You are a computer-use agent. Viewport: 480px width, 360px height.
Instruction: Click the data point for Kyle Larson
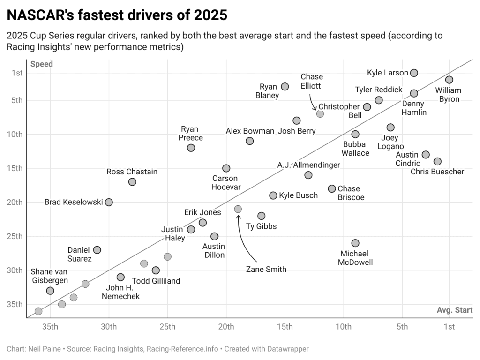point(414,73)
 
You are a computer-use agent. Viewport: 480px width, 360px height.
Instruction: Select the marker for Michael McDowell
point(355,243)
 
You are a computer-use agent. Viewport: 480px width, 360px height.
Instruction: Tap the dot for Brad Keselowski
point(109,202)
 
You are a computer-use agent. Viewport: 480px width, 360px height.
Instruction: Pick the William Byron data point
point(449,80)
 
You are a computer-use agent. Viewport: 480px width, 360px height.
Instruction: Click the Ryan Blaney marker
point(285,86)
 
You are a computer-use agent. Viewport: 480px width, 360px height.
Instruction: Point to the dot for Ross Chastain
point(132,181)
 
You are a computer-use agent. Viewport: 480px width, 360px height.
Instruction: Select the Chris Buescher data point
point(437,161)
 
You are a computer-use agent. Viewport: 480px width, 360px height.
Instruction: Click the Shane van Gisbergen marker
point(50,291)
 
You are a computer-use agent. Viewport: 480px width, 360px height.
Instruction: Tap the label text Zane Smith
point(266,269)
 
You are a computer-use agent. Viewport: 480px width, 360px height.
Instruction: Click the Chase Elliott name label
point(312,82)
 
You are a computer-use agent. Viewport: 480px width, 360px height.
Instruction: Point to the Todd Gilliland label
point(157,281)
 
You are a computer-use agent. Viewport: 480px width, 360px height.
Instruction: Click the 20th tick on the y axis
point(17,202)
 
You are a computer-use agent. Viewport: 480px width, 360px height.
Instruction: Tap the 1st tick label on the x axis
point(449,327)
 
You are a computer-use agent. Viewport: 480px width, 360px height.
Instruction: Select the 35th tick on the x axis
point(50,327)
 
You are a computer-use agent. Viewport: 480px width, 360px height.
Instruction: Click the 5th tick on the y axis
point(17,100)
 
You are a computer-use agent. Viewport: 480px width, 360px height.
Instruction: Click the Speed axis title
point(42,64)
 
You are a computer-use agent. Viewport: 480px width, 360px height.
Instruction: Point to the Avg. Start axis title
point(455,310)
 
